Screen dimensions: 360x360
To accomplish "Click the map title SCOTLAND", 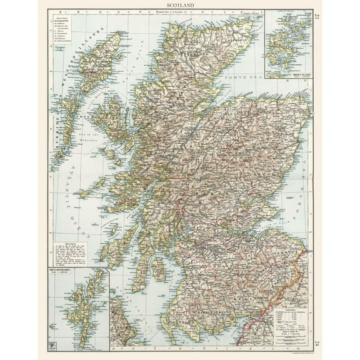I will point(179,5).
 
